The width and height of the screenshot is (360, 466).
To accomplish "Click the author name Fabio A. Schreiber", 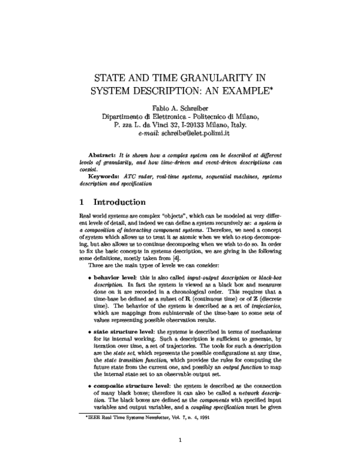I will [x=179, y=107].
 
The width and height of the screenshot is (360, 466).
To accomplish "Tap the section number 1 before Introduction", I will [x=82, y=202].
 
